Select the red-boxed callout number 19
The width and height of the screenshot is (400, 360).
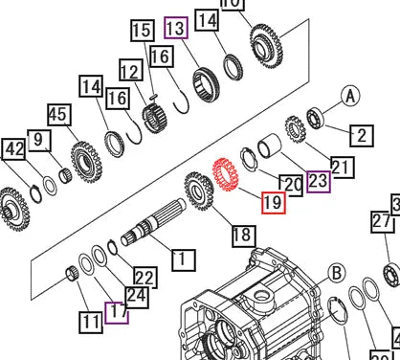tap(272, 203)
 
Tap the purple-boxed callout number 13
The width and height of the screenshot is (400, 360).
tap(175, 28)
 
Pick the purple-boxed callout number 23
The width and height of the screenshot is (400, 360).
tap(318, 179)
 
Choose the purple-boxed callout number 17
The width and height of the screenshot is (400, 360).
tap(117, 311)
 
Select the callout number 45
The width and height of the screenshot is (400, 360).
tap(58, 115)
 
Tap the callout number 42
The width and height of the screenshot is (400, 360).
tap(38, 142)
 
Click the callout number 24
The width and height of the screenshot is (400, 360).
tap(137, 297)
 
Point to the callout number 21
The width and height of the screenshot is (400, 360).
tap(341, 168)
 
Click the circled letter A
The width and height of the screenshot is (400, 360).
tap(348, 97)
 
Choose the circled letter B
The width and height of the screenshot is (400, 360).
tap(336, 273)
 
